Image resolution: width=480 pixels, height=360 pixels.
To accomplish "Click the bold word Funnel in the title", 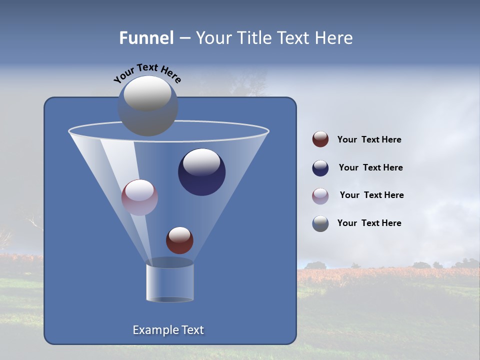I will (x=146, y=38).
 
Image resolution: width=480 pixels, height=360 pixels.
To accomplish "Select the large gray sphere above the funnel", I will (x=147, y=106).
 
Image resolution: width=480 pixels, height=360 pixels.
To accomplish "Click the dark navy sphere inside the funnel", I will (x=202, y=173).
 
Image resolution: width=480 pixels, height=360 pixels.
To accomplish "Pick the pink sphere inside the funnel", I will (x=139, y=197).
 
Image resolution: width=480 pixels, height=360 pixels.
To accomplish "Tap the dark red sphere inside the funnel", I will (x=179, y=240).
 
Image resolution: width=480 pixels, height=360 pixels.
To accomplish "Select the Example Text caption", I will (x=168, y=330).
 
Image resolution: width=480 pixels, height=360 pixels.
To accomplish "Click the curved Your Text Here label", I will (x=147, y=73).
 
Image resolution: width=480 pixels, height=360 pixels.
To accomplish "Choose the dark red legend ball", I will (x=320, y=139).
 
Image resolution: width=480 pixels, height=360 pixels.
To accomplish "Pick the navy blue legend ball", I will (x=320, y=168).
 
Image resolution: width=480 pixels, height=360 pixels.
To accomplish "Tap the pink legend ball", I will (x=320, y=196).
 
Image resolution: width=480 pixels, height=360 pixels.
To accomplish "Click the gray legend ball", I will (x=320, y=223).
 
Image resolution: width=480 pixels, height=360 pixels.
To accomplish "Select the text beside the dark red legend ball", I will (x=369, y=140).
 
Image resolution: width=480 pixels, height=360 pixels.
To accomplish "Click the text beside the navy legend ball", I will (x=370, y=168).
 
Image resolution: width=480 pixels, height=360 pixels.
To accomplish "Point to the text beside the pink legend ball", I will (x=371, y=195).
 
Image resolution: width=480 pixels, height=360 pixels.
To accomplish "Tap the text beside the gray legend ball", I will (x=369, y=223).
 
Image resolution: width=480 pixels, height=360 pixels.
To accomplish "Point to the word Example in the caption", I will (x=154, y=330).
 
